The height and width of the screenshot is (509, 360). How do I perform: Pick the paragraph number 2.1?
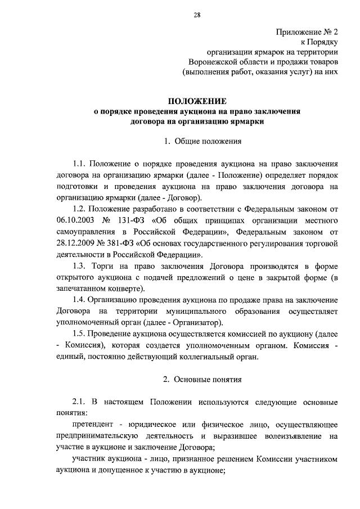[x=82, y=403]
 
